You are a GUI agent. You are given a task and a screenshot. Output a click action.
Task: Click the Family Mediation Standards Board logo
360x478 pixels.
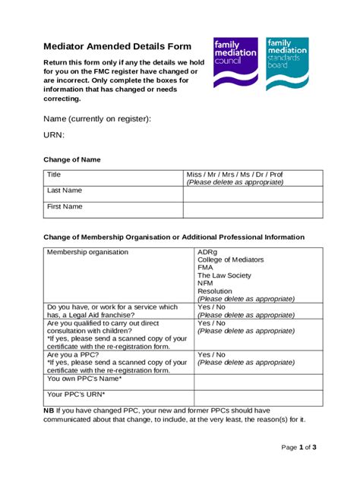coord(286,62)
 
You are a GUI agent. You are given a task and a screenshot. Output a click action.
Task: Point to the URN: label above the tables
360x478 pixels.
coord(54,135)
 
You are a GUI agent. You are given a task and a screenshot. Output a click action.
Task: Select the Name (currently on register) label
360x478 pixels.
coord(97,119)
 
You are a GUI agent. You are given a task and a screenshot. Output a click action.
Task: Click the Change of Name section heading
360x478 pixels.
coord(71,160)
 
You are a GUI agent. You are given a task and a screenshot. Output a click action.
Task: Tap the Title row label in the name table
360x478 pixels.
coord(54,175)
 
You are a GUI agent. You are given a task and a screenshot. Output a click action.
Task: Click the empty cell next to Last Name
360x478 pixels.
coord(252,194)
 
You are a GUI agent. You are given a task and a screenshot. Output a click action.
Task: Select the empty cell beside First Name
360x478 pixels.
coord(252,210)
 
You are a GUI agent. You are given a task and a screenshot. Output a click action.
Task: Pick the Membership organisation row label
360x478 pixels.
coord(87,252)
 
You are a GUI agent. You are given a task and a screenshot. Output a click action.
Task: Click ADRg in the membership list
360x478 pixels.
coord(207,252)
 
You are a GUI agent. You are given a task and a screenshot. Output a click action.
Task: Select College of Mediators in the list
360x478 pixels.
coord(231,259)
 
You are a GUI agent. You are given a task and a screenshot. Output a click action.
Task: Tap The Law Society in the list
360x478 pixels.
coord(223,275)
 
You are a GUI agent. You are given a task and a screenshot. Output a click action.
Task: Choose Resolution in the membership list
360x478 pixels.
coord(215,291)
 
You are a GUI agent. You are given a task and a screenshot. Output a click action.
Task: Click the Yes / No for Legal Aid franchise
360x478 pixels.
coord(211,307)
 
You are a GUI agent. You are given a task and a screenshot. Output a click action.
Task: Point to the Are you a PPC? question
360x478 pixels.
coord(74,354)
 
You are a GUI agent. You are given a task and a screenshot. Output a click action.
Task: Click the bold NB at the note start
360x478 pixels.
coord(49,410)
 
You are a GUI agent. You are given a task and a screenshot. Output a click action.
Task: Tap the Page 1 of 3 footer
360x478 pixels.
coord(298,448)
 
